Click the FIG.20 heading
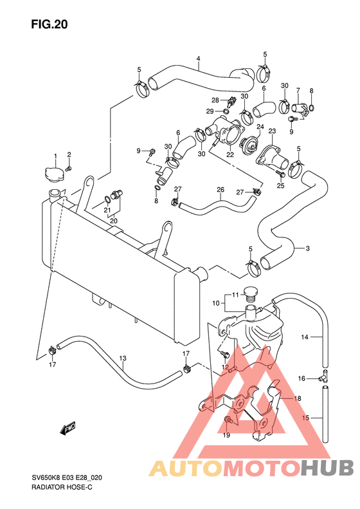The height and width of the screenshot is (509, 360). click(x=50, y=24)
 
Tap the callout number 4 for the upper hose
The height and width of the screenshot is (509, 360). click(x=198, y=59)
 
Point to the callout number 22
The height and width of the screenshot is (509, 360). click(x=230, y=155)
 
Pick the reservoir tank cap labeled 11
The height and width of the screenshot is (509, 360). click(x=249, y=293)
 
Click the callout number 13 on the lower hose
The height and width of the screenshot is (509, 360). click(x=123, y=358)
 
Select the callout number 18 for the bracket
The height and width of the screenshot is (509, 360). click(x=298, y=398)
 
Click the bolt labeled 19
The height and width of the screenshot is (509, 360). click(x=229, y=421)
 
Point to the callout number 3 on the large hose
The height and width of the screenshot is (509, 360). click(x=307, y=248)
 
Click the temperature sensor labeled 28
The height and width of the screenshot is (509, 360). click(x=231, y=102)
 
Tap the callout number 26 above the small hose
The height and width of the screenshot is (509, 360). click(x=221, y=189)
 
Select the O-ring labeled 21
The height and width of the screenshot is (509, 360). click(x=107, y=199)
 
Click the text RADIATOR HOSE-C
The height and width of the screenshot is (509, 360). click(x=62, y=488)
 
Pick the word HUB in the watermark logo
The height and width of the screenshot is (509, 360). click(x=326, y=468)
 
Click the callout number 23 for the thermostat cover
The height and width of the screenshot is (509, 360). click(x=272, y=131)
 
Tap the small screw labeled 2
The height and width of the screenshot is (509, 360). click(x=68, y=168)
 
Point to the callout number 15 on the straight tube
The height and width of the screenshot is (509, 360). click(x=305, y=418)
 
